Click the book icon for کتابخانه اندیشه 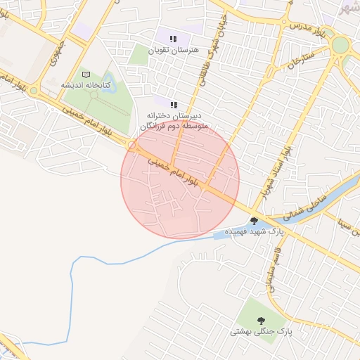pyautogui.click(x=86, y=75)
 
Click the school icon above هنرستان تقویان pyautogui.click(x=174, y=39)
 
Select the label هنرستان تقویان pyautogui.click(x=175, y=51)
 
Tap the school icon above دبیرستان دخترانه pyautogui.click(x=174, y=104)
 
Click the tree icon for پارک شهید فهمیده pyautogui.click(x=254, y=220)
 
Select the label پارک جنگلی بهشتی pyautogui.click(x=257, y=329)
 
